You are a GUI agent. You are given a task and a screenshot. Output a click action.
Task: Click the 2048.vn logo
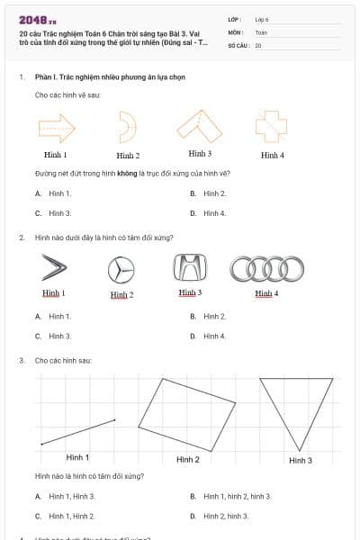(x=37, y=19)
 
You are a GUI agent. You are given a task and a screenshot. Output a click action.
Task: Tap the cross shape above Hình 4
(x=270, y=126)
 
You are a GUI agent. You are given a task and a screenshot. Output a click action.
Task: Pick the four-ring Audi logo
(x=266, y=268)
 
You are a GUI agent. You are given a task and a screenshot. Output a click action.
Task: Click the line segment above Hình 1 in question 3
(x=78, y=431)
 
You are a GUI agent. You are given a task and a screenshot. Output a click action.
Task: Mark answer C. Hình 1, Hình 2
(x=71, y=516)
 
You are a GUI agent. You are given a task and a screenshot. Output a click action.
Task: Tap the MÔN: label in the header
(x=237, y=31)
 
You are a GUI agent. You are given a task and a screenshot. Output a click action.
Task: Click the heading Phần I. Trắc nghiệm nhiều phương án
(x=109, y=77)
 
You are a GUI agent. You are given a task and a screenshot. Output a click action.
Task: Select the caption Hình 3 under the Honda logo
(x=189, y=292)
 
